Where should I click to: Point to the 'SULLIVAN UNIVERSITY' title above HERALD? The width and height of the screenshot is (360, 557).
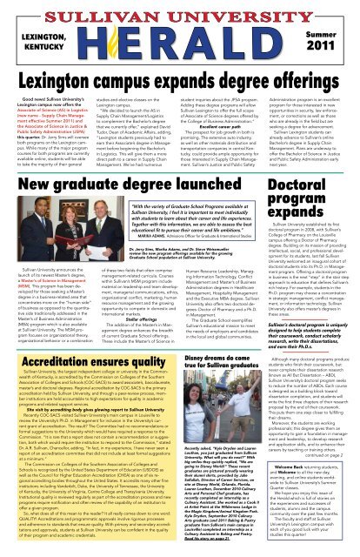tap(179, 11)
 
